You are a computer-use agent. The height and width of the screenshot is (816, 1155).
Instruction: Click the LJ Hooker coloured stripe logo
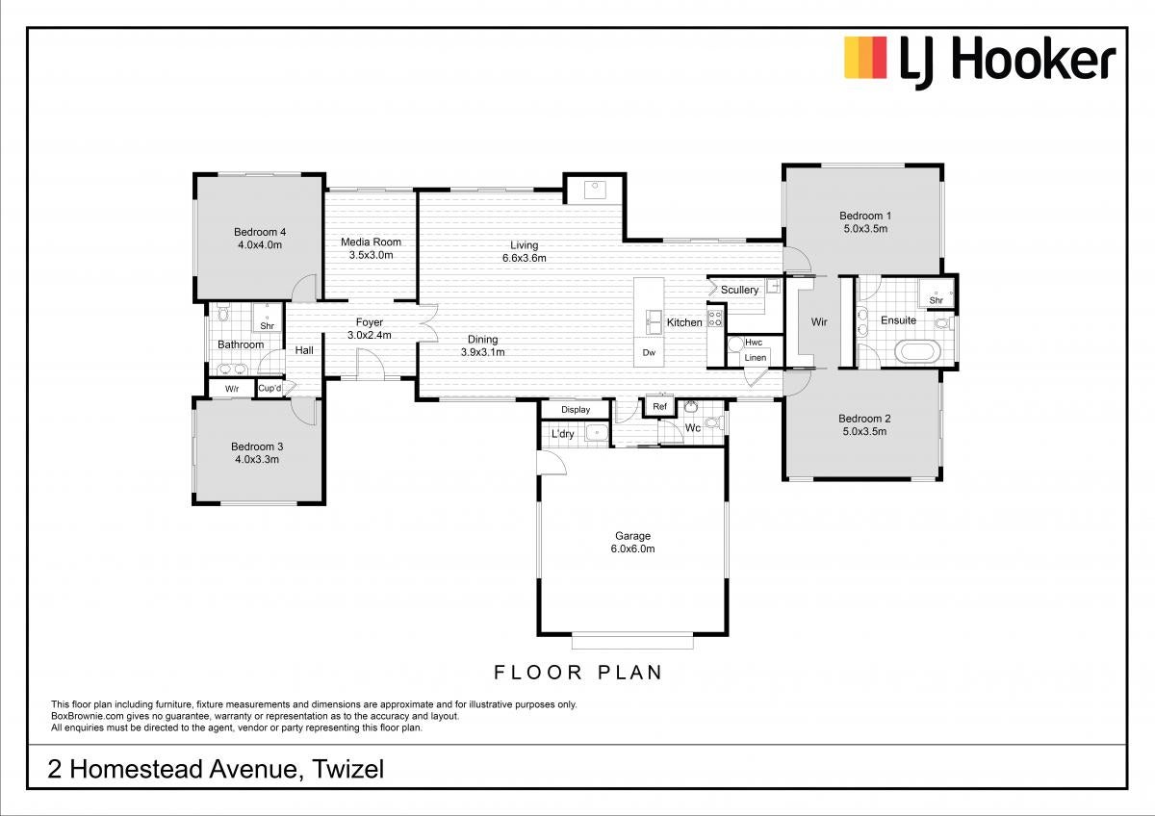865,58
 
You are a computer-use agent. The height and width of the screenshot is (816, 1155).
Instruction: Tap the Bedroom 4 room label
260,232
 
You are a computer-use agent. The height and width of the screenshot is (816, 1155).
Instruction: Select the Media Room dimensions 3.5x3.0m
372,255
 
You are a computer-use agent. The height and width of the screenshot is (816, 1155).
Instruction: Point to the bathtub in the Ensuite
918,352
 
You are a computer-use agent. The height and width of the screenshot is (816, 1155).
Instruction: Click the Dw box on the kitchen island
649,352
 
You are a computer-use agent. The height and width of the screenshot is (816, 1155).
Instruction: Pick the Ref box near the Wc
659,406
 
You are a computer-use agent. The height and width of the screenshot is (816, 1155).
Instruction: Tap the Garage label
632,536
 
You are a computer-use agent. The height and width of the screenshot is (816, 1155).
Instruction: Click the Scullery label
739,290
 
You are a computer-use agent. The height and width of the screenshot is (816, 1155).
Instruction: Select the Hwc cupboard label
754,343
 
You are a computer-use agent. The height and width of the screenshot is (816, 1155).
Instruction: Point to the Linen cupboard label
756,357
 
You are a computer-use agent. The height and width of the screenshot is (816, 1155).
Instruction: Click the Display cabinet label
576,409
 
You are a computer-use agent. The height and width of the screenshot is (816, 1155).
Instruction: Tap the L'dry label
562,434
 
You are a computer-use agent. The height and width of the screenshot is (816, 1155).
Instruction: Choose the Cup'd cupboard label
269,388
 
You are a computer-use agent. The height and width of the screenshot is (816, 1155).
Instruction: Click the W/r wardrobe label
232,389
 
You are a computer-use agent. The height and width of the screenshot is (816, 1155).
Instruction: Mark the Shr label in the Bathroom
268,326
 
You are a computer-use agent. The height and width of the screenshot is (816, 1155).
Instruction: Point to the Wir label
819,322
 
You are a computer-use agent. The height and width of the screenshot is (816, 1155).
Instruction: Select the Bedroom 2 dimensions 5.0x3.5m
864,431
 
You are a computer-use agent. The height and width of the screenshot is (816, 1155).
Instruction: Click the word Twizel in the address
348,769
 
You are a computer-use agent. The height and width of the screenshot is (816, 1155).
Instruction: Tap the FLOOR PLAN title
578,673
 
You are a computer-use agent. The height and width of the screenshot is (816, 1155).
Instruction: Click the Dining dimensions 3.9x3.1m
482,352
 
